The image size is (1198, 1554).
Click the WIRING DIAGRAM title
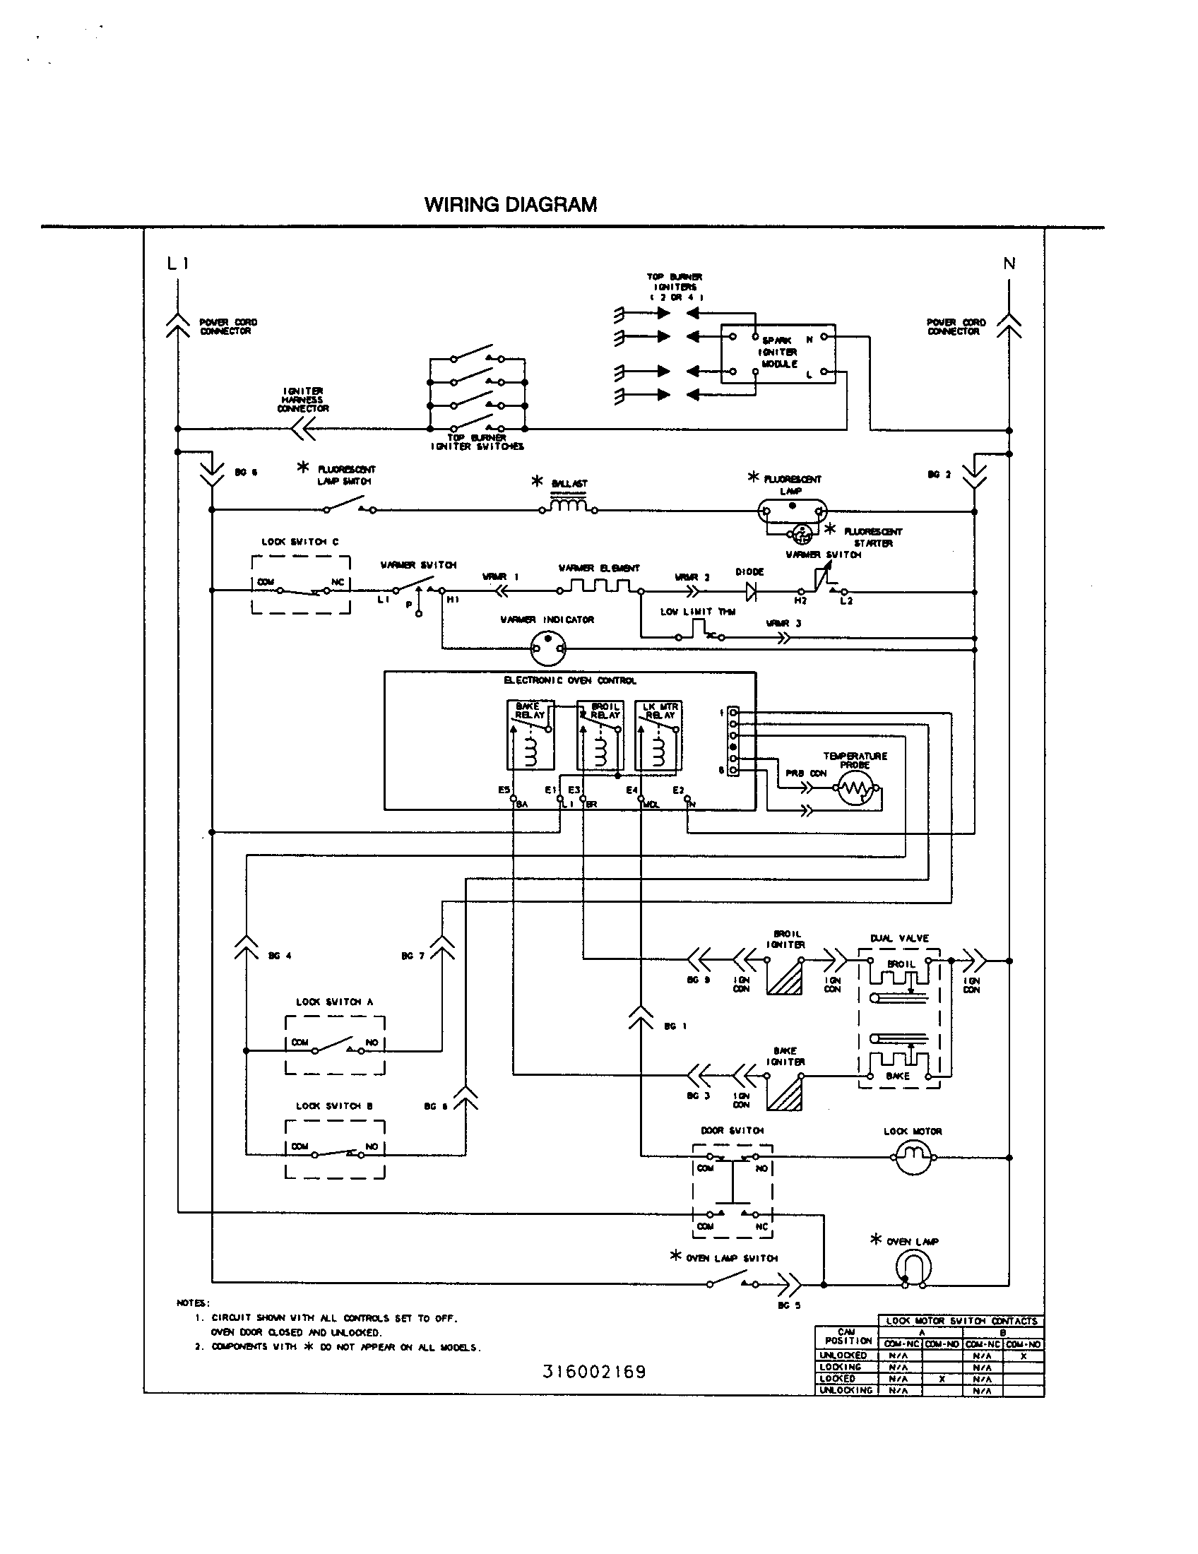(510, 205)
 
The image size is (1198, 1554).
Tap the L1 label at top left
(177, 264)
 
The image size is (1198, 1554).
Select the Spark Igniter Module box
(778, 354)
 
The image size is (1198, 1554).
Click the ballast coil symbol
(569, 505)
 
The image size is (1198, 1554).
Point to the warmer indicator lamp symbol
(547, 648)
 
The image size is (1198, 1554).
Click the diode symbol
(750, 591)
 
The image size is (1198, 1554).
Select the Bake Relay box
(530, 735)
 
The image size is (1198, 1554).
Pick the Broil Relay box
(600, 735)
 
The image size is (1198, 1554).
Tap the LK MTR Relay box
(658, 735)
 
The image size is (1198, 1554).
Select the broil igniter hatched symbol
(785, 975)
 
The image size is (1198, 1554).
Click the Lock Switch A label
(334, 1002)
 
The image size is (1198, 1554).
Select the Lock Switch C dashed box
(300, 585)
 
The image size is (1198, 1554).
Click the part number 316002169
(594, 1372)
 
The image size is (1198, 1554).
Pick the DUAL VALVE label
(899, 939)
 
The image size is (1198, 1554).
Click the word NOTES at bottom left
(192, 1303)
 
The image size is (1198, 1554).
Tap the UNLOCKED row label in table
(843, 1356)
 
